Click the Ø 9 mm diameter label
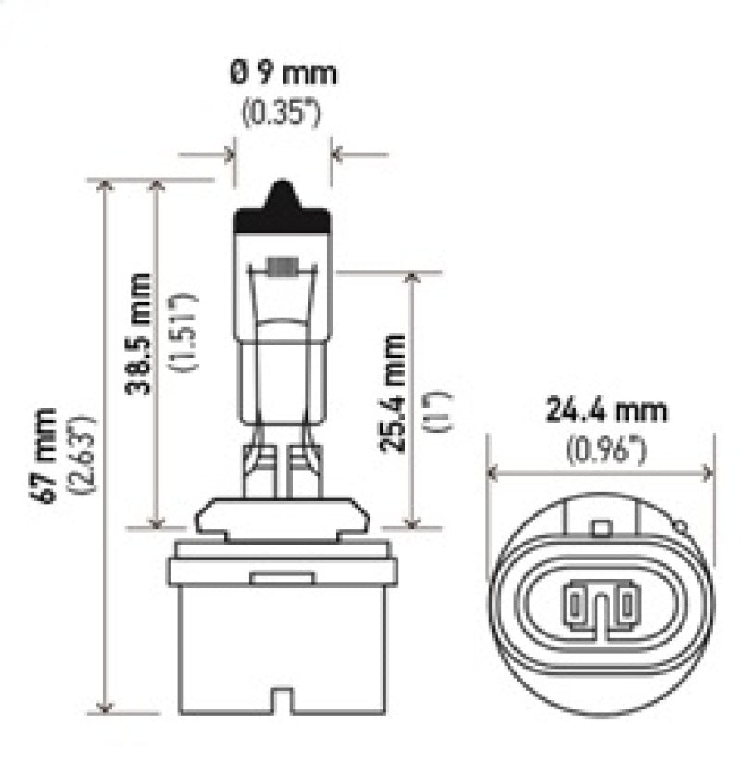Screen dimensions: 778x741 pos(283,72)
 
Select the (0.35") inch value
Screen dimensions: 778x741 pos(282,116)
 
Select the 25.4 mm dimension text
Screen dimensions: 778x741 pos(393,392)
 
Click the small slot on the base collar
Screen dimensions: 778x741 pos(270,578)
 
